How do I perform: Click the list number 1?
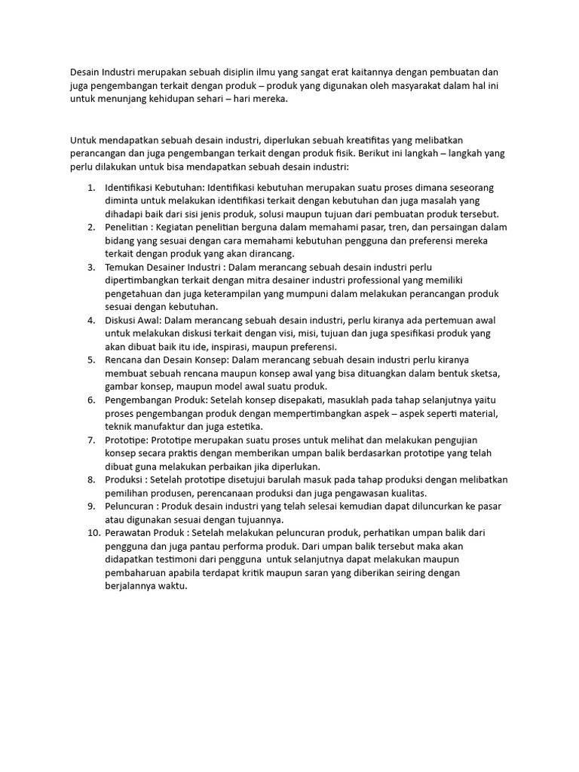point(90,187)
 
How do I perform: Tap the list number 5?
point(90,360)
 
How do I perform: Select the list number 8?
point(90,479)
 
